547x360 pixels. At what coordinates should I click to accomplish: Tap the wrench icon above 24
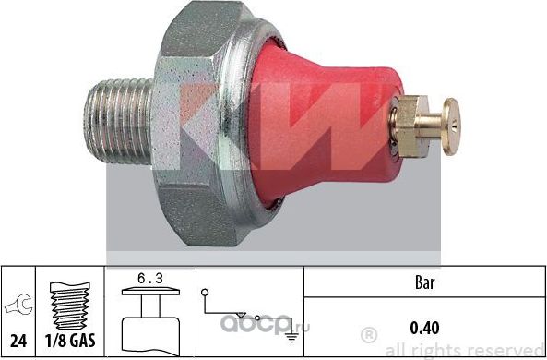pyautogui.click(x=17, y=301)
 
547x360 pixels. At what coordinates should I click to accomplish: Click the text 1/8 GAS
pyautogui.click(x=68, y=340)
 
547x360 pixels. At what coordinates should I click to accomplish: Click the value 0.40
pyautogui.click(x=423, y=327)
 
